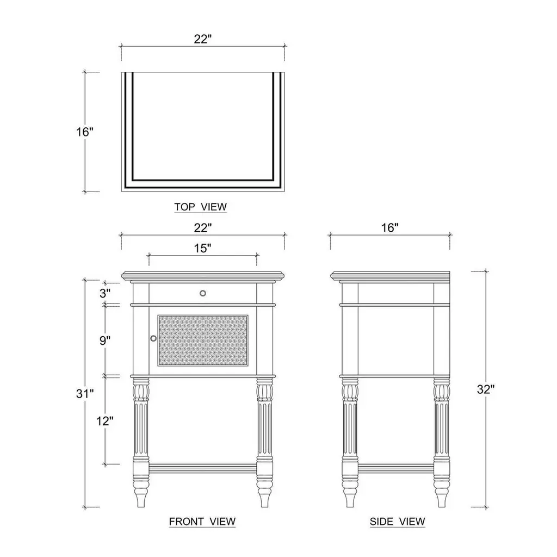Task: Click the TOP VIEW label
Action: pyautogui.click(x=200, y=207)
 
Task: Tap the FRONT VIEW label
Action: pyautogui.click(x=202, y=522)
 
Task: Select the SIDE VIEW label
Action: pyautogui.click(x=397, y=522)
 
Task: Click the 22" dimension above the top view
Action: pyautogui.click(x=202, y=39)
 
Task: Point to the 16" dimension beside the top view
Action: pyautogui.click(x=84, y=132)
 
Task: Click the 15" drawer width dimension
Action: pyautogui.click(x=202, y=248)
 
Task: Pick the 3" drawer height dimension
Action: pyautogui.click(x=105, y=293)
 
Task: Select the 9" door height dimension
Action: pyautogui.click(x=105, y=341)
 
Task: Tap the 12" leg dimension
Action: pyautogui.click(x=105, y=421)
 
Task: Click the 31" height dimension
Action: pyautogui.click(x=85, y=394)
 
